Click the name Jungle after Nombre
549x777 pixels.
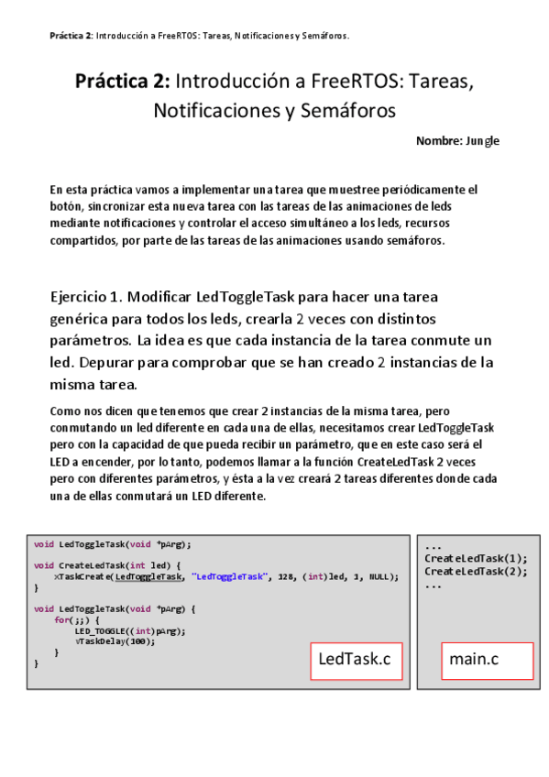pyautogui.click(x=482, y=141)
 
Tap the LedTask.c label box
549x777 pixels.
pyautogui.click(x=356, y=660)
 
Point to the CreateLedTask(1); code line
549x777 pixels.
pyautogui.click(x=476, y=558)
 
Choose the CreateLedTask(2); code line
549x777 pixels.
pyautogui.click(x=476, y=571)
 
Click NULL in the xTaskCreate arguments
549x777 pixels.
pyautogui.click(x=379, y=576)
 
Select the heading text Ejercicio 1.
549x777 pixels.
pyautogui.click(x=86, y=297)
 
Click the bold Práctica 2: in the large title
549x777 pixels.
pyautogui.click(x=123, y=82)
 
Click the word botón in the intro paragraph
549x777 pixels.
pyautogui.click(x=67, y=206)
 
